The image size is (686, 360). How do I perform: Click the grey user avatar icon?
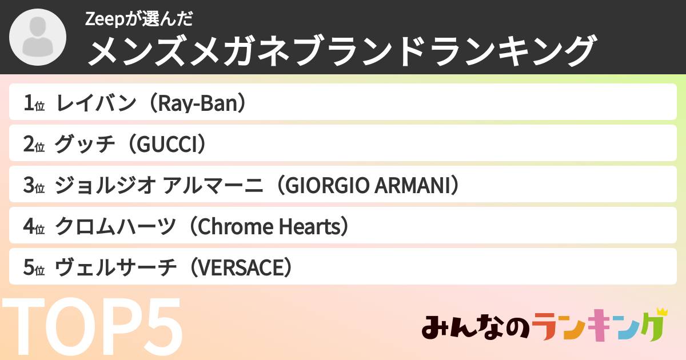[x=38, y=38]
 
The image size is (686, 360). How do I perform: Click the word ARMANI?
[x=410, y=186]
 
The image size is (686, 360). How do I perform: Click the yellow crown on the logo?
[x=662, y=312]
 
